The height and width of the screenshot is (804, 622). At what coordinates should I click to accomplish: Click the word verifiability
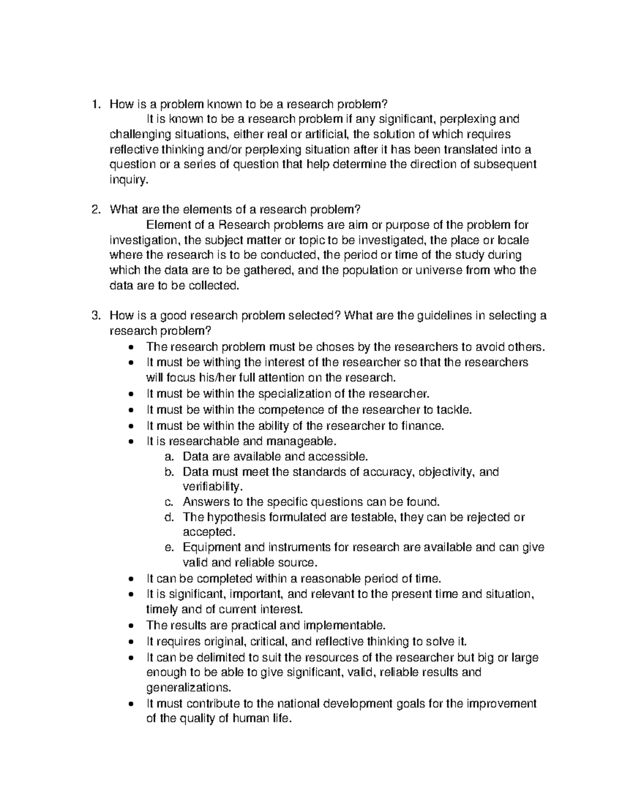click(212, 487)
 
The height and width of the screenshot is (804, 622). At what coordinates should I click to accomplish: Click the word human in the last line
click(251, 719)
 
